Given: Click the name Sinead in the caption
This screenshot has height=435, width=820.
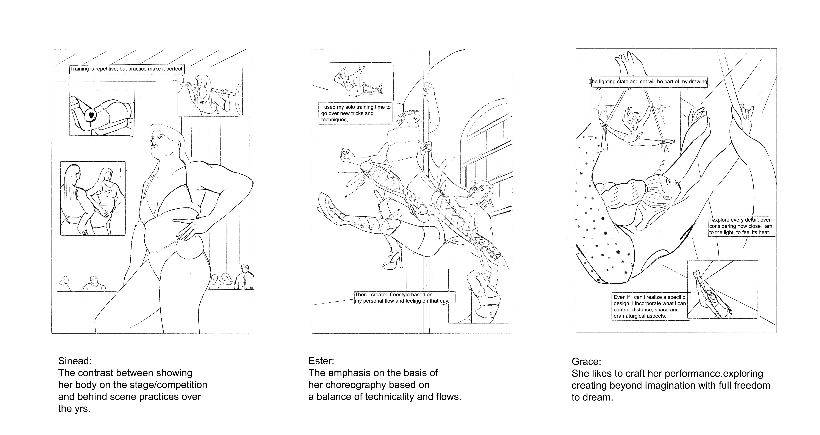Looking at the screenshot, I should tap(75, 361).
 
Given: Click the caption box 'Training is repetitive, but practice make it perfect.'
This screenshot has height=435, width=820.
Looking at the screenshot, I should tap(127, 69).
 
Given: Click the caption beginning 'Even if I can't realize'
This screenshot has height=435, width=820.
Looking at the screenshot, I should tap(649, 306).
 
